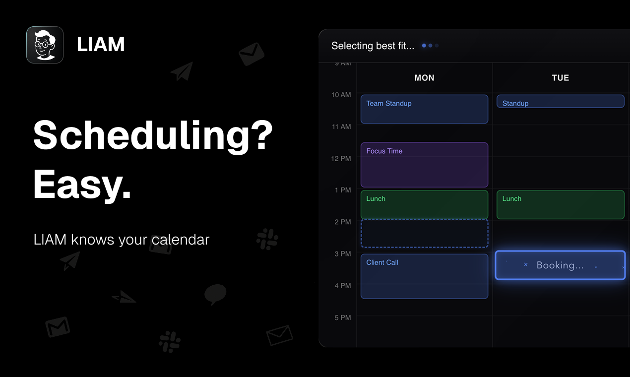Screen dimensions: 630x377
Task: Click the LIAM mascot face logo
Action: tap(45, 45)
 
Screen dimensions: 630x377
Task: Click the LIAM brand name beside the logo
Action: tap(101, 45)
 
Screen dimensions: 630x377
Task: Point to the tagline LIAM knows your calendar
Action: tap(122, 240)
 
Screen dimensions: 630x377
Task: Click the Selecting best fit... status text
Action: tap(373, 46)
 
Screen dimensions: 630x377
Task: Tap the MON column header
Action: tap(425, 78)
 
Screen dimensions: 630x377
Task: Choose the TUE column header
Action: tap(561, 78)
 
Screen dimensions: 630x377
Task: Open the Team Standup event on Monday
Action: tap(425, 109)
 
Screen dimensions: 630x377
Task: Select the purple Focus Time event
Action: tap(425, 165)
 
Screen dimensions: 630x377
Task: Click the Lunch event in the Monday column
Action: tap(425, 204)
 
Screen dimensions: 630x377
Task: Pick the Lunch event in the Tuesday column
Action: tap(561, 204)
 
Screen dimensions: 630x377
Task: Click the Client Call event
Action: tap(425, 276)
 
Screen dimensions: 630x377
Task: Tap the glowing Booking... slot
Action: tap(560, 265)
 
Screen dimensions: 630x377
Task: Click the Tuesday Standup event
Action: tap(561, 101)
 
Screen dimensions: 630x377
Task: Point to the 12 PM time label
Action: tap(341, 159)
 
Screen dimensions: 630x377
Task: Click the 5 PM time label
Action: tap(343, 317)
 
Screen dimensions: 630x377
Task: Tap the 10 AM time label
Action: tap(341, 95)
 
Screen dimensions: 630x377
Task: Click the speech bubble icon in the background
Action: tap(215, 294)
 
